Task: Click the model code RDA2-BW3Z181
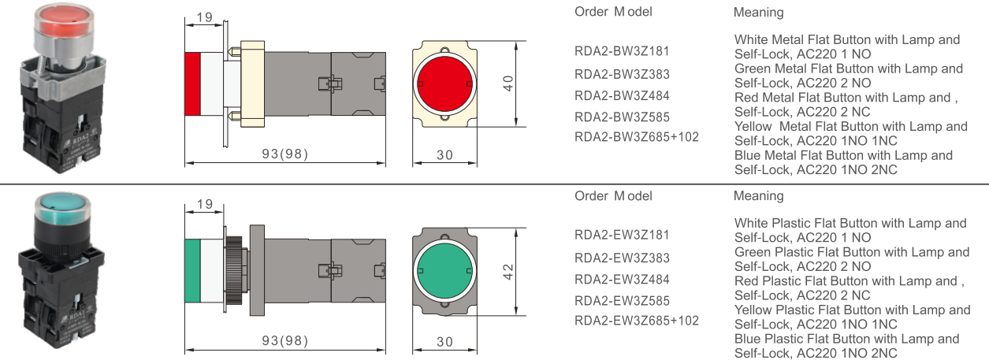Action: click(622, 52)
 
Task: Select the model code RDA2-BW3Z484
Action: click(622, 96)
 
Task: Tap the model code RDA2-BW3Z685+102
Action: click(636, 137)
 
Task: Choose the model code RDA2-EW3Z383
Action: click(622, 258)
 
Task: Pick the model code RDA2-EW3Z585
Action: click(622, 300)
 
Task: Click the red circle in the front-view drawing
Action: click(444, 83)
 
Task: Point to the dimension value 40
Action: click(509, 83)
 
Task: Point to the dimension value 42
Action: click(509, 271)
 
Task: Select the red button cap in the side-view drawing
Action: click(192, 83)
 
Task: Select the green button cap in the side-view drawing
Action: click(192, 270)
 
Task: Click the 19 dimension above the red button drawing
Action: click(205, 17)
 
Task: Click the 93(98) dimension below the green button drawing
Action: click(284, 340)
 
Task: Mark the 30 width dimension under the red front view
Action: click(445, 155)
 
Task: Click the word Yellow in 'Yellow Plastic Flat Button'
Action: click(753, 310)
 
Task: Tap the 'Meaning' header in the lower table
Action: click(758, 195)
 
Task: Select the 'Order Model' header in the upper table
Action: click(613, 12)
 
